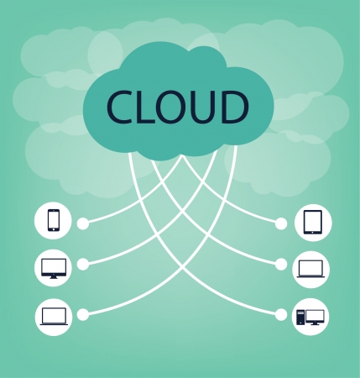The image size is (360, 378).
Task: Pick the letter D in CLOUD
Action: (x=235, y=107)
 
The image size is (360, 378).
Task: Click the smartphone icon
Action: (x=54, y=220)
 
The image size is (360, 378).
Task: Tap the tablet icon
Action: (x=313, y=223)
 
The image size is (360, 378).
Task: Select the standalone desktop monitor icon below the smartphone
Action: (x=54, y=269)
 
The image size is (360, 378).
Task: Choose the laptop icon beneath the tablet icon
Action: (x=310, y=269)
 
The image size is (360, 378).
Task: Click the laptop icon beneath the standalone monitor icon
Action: (x=54, y=317)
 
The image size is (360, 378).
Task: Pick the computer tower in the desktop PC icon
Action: (x=300, y=318)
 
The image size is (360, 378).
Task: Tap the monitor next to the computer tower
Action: (x=315, y=318)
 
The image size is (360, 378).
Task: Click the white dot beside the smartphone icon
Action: (x=83, y=223)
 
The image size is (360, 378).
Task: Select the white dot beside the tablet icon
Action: (x=281, y=223)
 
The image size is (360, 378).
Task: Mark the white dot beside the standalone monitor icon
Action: (x=82, y=265)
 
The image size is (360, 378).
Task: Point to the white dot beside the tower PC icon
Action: (x=281, y=315)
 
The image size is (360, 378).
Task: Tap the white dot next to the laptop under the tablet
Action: (x=281, y=265)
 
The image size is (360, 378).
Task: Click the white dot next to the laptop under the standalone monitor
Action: (x=82, y=314)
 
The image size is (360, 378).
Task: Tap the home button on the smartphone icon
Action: (x=54, y=229)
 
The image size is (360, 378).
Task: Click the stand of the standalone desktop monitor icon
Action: (x=54, y=277)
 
